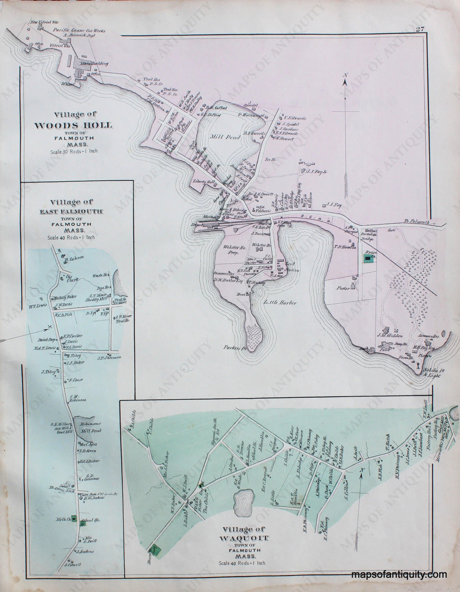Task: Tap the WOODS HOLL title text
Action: coord(73,125)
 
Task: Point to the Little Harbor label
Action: coord(280,303)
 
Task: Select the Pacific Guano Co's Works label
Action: coord(79,31)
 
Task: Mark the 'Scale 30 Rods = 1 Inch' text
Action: coord(74,152)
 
